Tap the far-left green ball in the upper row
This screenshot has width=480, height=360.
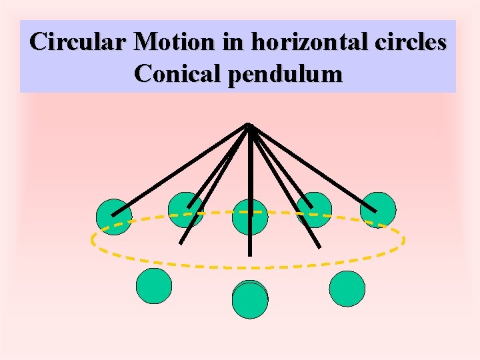pos(113,217)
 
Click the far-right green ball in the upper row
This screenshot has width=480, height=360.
pos(377,209)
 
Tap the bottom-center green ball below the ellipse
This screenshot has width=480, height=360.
pos(250,299)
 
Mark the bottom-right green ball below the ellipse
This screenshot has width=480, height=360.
pos(347,289)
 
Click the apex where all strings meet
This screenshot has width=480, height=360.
pos(249,125)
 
